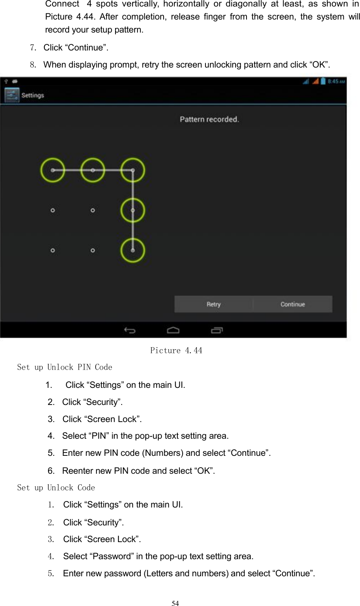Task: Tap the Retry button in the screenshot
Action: click(214, 304)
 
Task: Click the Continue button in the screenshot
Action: click(292, 304)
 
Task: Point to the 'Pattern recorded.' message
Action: click(209, 119)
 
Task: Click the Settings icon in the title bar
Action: click(12, 95)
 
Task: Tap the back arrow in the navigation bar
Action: click(130, 330)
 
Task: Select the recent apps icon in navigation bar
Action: click(217, 330)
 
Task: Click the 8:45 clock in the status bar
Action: click(336, 81)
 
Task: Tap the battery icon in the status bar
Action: click(323, 81)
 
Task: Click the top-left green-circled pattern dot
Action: click(52, 170)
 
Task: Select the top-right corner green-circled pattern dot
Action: click(133, 170)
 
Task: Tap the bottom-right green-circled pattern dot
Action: click(133, 250)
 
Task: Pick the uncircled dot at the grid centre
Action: click(93, 210)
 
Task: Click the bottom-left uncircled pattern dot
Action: click(52, 250)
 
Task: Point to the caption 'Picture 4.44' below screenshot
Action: click(176, 350)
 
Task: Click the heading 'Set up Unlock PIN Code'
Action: click(65, 367)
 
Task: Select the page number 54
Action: click(175, 603)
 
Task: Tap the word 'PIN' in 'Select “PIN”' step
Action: click(99, 436)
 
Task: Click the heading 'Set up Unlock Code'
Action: click(56, 488)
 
